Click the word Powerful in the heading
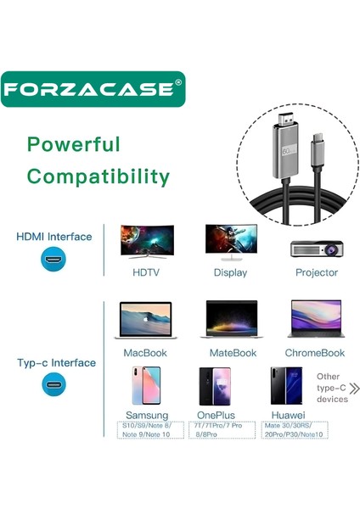point(73,144)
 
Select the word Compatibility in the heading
point(98,176)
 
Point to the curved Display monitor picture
point(230,242)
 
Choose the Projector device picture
point(316,247)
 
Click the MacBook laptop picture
point(146,320)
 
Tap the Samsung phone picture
point(146,385)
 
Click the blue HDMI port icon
point(53,260)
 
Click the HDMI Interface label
point(54,237)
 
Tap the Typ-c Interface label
point(55,363)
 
